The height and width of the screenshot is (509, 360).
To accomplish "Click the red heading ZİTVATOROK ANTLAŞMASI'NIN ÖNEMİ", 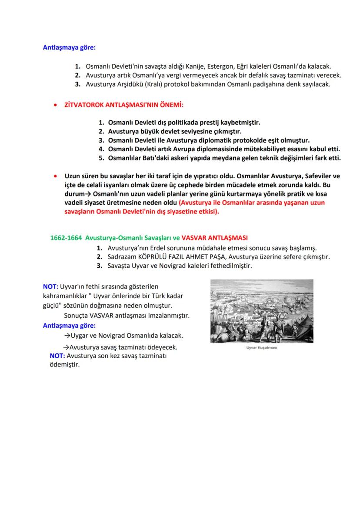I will (123, 106).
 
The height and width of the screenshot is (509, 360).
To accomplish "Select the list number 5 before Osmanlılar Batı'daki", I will (100, 158).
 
